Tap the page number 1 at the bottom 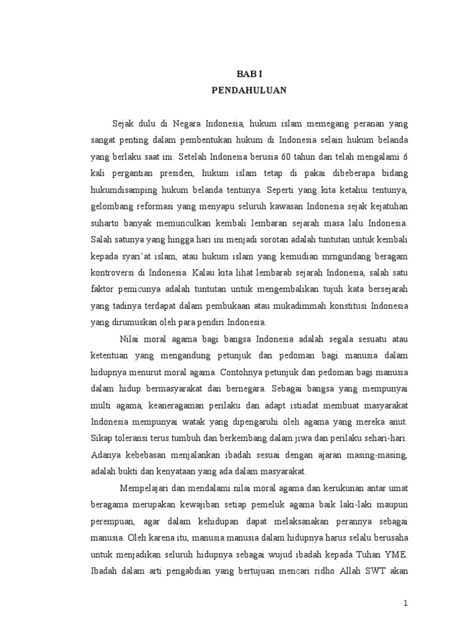click(x=405, y=603)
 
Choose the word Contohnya click(x=240, y=373)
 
